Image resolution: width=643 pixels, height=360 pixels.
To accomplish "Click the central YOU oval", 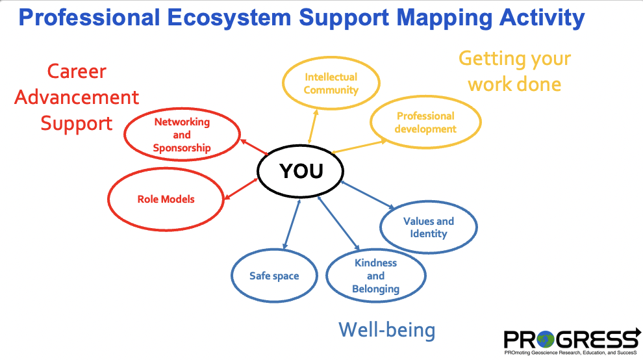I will [x=300, y=171].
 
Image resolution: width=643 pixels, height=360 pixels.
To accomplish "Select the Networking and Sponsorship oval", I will [x=182, y=135].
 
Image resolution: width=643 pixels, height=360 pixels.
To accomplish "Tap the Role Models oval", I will [x=166, y=199].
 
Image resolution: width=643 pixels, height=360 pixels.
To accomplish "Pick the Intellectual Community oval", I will [x=331, y=84].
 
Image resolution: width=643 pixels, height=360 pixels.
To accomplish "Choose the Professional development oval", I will [x=425, y=122].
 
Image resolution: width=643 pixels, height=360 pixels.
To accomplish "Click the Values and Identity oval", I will [x=429, y=227].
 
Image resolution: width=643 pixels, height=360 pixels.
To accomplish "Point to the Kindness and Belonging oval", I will [x=375, y=276].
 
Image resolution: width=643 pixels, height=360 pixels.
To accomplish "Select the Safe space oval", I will [x=274, y=276].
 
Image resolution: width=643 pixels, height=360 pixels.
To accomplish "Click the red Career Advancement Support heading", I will [x=77, y=97].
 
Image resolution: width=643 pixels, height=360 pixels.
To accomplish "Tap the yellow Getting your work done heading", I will [x=514, y=71].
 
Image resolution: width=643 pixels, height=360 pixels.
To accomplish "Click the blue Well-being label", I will [x=386, y=330].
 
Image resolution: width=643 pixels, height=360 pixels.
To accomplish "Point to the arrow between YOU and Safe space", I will [x=292, y=224].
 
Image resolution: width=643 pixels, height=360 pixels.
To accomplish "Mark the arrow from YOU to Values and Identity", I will [x=367, y=195].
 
